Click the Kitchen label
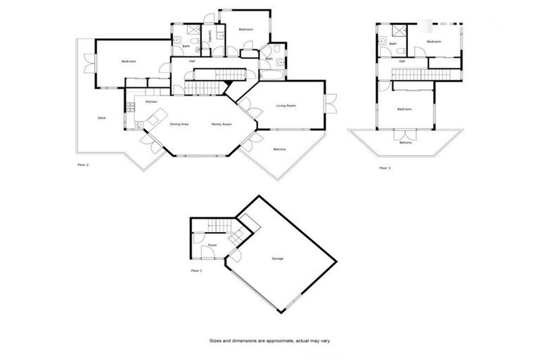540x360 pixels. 151,103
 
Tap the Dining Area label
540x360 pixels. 179,124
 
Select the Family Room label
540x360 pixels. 222,124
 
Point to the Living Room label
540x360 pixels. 285,105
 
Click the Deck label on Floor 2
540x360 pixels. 102,117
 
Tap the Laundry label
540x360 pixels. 210,35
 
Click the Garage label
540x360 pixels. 277,259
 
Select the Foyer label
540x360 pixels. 212,245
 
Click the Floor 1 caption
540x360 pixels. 196,270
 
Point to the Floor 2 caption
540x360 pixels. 83,165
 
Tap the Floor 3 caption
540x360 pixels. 383,167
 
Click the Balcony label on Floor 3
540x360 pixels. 405,143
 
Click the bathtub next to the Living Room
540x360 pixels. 271,72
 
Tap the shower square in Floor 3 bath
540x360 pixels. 398,30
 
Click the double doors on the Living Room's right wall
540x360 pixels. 330,103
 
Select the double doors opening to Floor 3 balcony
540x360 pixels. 404,134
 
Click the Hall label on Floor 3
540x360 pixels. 402,62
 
